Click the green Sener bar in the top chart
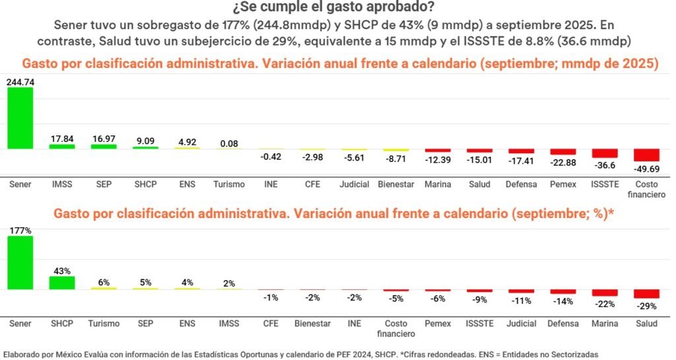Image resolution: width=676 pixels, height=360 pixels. pos(20,118)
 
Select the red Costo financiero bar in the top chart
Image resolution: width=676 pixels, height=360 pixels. pos(646,155)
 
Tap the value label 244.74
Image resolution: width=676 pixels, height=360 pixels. pos(20,82)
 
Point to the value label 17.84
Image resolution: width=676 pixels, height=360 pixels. pos(62,139)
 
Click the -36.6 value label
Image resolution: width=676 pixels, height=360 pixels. pos(604,164)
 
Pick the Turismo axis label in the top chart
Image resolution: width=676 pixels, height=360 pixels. pos(229,184)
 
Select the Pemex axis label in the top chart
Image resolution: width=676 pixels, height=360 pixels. pos(563,184)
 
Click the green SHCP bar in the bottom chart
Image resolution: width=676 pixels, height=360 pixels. pos(62,283)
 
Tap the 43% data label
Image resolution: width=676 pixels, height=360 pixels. pos(62,271)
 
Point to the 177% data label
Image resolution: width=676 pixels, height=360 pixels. pos(20,231)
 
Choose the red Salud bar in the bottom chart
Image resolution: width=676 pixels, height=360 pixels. pos(646,294)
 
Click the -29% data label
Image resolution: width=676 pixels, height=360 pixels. pos(646,306)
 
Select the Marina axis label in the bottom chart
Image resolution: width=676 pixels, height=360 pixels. pos(605,324)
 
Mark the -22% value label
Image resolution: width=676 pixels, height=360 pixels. pos(605,304)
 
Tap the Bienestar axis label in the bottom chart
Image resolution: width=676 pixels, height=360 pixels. pos(312,324)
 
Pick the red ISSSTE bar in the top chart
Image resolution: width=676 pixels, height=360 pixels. pos(604,153)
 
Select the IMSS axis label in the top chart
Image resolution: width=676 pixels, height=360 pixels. pos(62,184)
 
